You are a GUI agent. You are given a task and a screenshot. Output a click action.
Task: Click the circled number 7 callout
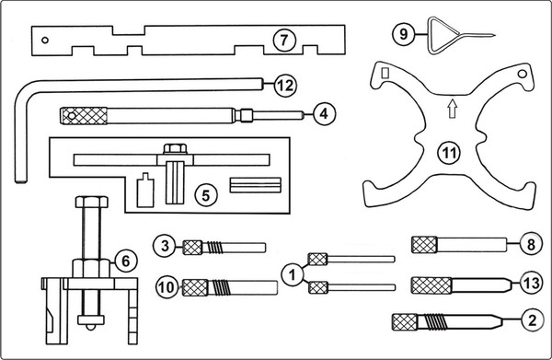click(283, 41)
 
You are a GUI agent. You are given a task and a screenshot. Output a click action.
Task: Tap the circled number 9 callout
click(404, 34)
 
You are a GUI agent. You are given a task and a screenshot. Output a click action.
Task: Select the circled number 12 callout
click(285, 85)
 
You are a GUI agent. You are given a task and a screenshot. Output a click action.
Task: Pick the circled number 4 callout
click(324, 113)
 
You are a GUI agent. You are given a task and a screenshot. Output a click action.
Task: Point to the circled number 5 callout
click(205, 195)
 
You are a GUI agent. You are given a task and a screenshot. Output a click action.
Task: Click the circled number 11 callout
click(449, 153)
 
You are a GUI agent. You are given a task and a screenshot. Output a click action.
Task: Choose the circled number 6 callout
click(125, 261)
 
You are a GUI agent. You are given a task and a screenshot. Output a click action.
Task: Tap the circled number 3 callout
click(165, 246)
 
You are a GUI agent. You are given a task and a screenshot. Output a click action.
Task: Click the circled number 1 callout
click(293, 274)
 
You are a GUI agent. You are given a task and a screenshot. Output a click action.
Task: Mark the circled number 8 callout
click(531, 244)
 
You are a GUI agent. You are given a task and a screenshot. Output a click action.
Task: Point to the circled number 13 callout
click(533, 283)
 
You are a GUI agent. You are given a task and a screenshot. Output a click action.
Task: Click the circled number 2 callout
click(532, 320)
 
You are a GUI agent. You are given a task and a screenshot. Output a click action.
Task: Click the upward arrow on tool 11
click(453, 109)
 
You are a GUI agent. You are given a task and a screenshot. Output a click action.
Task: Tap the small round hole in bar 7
click(45, 41)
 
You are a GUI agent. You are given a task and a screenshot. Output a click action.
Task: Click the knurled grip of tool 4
click(84, 116)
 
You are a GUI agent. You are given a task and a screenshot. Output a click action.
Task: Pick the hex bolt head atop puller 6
click(91, 203)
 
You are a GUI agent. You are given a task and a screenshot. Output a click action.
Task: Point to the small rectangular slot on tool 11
click(385, 73)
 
